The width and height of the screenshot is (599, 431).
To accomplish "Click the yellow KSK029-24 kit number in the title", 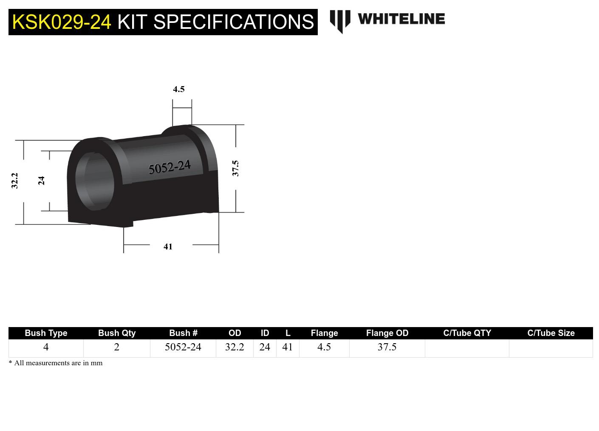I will point(62,22).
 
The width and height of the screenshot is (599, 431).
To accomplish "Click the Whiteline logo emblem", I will point(340,21).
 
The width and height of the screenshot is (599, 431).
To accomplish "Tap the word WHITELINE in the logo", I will point(401,19).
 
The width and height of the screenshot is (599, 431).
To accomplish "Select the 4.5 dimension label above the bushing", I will point(179,89).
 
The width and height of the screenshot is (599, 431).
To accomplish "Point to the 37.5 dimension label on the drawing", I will point(235,168).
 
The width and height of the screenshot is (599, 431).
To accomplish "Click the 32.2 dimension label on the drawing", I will point(15,180).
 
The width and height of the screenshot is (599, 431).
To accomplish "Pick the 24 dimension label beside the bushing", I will point(41,181).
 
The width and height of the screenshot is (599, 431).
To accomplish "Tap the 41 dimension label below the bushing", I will point(168,246).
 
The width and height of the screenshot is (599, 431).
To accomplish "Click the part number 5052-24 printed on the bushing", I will point(170,167).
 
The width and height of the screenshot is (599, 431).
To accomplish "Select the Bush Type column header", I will point(46,333).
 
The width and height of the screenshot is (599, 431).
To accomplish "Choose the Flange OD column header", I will point(387,333).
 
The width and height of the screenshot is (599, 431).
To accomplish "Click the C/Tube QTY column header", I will point(467,333).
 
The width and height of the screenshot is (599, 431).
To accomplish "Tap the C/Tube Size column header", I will point(551,333).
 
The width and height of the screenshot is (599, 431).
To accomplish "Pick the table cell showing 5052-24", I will point(183,347).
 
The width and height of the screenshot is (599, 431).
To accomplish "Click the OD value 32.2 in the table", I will point(235,347).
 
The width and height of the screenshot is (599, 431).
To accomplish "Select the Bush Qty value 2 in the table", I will point(116,347).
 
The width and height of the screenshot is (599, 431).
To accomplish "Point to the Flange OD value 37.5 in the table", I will point(387,347).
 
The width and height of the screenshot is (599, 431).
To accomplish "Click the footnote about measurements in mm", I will point(56,363).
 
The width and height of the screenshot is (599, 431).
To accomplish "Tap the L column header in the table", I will point(288,333).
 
